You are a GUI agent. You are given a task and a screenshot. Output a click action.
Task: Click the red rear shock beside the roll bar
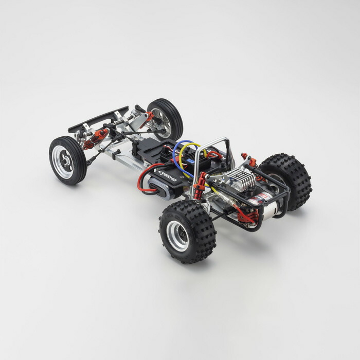click(199, 183)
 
